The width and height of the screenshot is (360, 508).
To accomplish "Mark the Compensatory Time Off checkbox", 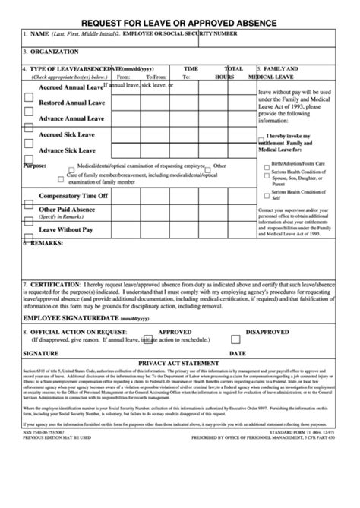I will coord(28,204).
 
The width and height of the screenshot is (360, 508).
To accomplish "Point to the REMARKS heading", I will coord(46,244).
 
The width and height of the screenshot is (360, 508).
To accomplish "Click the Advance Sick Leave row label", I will coord(67,150).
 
